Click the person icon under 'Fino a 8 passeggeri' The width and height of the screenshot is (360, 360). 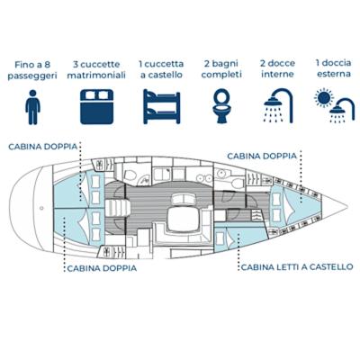[x=32, y=107]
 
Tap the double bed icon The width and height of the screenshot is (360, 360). [x=96, y=106]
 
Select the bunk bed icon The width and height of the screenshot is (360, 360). [x=161, y=106]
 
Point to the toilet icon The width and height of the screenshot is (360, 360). [x=221, y=106]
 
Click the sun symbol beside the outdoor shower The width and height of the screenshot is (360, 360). [x=324, y=98]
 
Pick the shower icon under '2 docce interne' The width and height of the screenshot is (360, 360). [x=278, y=105]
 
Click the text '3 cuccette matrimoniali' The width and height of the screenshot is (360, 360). [x=96, y=69]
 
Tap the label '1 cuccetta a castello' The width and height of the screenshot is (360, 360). [x=161, y=69]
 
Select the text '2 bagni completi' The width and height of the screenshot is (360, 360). [x=221, y=69]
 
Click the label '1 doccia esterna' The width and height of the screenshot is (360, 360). [x=334, y=68]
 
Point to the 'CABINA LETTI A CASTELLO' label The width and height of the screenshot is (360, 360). [x=297, y=267]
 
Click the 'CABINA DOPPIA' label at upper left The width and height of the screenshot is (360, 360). [x=43, y=147]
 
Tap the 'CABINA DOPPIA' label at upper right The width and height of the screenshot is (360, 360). [x=262, y=156]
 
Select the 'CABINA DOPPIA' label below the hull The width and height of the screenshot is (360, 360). [x=102, y=268]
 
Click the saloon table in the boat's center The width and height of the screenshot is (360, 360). [x=184, y=219]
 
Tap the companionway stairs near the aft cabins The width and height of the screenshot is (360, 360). [x=118, y=208]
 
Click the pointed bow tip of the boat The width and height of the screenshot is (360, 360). [x=347, y=207]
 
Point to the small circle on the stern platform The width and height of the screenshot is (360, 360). [x=41, y=208]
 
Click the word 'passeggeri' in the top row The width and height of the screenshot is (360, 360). [x=32, y=76]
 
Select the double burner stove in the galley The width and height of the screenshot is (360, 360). [x=204, y=178]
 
